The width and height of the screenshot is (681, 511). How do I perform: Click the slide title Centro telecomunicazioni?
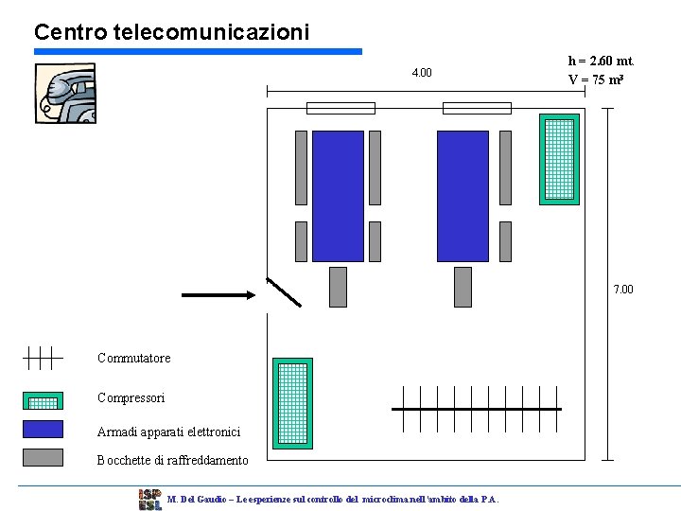[171, 32]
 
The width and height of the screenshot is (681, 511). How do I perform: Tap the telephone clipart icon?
[65, 93]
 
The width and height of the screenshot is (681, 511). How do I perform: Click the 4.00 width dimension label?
[422, 73]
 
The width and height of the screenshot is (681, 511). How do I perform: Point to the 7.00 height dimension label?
[623, 289]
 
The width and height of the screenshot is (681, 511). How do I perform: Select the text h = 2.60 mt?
[600, 61]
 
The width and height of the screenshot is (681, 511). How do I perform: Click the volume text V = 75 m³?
[595, 79]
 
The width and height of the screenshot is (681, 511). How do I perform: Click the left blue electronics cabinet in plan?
[338, 195]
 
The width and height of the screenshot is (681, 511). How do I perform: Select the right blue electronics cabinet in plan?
[463, 195]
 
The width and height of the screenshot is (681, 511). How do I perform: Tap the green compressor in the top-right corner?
[559, 159]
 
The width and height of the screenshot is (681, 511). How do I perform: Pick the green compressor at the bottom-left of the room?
[292, 403]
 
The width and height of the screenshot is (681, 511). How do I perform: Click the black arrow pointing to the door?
[218, 294]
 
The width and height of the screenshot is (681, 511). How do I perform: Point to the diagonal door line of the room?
[284, 292]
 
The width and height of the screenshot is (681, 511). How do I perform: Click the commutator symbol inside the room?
[477, 408]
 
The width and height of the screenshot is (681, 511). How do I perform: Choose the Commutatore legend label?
[134, 358]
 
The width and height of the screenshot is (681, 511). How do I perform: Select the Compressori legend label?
[131, 397]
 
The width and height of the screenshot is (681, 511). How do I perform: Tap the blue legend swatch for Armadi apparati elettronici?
[43, 429]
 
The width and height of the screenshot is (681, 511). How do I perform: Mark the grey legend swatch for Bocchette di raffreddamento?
[43, 457]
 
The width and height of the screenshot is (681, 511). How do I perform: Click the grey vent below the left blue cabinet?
[338, 287]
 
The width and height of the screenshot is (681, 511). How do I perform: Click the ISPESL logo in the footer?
[149, 499]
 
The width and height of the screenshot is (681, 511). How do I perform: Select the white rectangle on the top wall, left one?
[341, 108]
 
